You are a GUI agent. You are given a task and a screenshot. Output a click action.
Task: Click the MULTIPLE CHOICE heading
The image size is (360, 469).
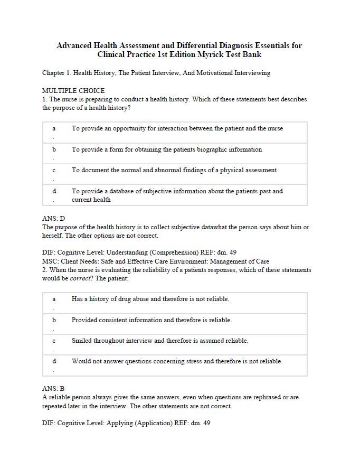pyautogui.click(x=73, y=90)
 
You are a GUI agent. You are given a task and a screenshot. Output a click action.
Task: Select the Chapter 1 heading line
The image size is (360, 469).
pyautogui.click(x=156, y=73)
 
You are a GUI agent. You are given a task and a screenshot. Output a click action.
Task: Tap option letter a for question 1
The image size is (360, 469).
pyautogui.click(x=54, y=128)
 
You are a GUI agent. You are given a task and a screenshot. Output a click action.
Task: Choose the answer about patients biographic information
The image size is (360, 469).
pyautogui.click(x=167, y=149)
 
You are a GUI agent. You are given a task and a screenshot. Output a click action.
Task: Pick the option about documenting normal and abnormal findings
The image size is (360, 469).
pyautogui.click(x=174, y=170)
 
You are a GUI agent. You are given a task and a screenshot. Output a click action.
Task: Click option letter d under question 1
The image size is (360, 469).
pyautogui.click(x=54, y=191)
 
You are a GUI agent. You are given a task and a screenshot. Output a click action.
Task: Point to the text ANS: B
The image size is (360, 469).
pyautogui.click(x=53, y=389)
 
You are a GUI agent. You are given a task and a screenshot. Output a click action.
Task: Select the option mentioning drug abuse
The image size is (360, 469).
pyautogui.click(x=150, y=299)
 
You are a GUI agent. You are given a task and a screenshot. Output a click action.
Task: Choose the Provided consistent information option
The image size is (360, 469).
pyautogui.click(x=151, y=320)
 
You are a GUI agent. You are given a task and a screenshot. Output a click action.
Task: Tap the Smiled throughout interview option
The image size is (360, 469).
pyautogui.click(x=160, y=341)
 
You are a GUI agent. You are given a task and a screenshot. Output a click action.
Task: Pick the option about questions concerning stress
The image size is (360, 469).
pyautogui.click(x=177, y=362)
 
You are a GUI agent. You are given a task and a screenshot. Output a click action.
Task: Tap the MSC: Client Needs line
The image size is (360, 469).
pyautogui.click(x=156, y=261)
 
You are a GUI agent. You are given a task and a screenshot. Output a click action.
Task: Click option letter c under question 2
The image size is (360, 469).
pyautogui.click(x=54, y=341)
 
